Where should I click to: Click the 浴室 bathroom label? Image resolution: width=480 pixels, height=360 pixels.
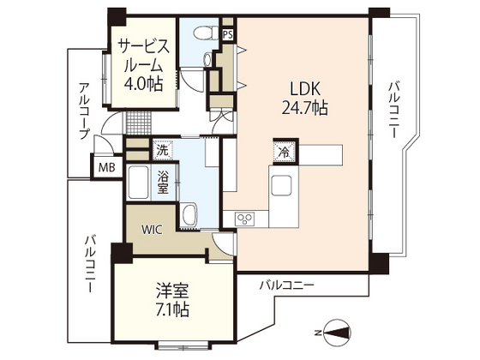(x=164, y=182)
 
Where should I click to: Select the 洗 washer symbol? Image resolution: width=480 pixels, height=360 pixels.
(x=163, y=150)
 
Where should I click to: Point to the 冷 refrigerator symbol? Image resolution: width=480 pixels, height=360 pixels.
(x=284, y=151)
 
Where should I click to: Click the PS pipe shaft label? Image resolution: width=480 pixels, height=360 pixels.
(x=227, y=34)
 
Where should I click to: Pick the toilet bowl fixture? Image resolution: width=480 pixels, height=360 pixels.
(x=202, y=34)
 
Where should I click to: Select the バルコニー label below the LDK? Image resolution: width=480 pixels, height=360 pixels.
(x=287, y=284)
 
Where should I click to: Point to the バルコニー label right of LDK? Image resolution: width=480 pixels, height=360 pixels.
(x=393, y=111)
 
